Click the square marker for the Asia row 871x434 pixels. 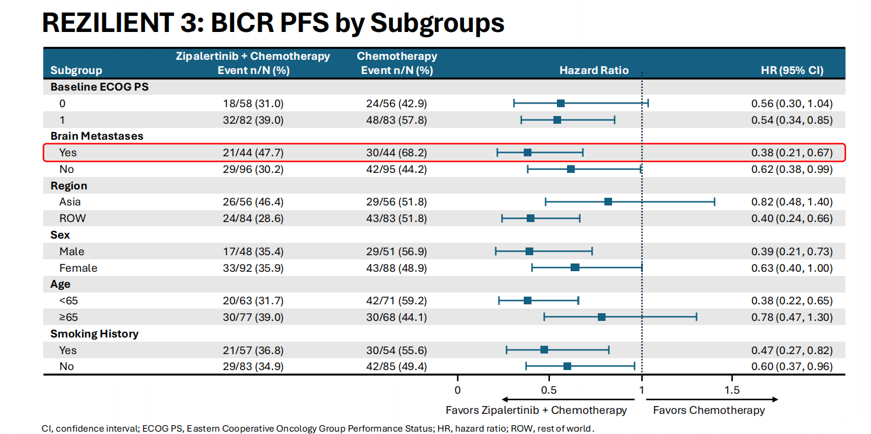(608, 202)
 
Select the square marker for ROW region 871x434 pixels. (530, 218)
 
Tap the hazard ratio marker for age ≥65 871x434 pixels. (601, 317)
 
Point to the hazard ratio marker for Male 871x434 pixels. (529, 252)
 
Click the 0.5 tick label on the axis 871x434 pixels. (549, 390)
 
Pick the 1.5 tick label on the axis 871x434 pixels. (732, 390)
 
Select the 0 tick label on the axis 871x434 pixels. (457, 390)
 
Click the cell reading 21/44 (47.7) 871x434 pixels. (253, 153)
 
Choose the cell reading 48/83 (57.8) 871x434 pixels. (396, 120)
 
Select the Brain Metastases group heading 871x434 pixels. (97, 136)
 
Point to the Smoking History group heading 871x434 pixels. (94, 334)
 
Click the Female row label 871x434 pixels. (78, 268)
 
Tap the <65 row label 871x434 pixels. (69, 301)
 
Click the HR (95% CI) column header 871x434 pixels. (792, 70)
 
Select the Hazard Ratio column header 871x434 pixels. (594, 70)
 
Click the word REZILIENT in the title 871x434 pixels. (108, 22)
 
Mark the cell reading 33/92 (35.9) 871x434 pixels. (253, 268)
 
